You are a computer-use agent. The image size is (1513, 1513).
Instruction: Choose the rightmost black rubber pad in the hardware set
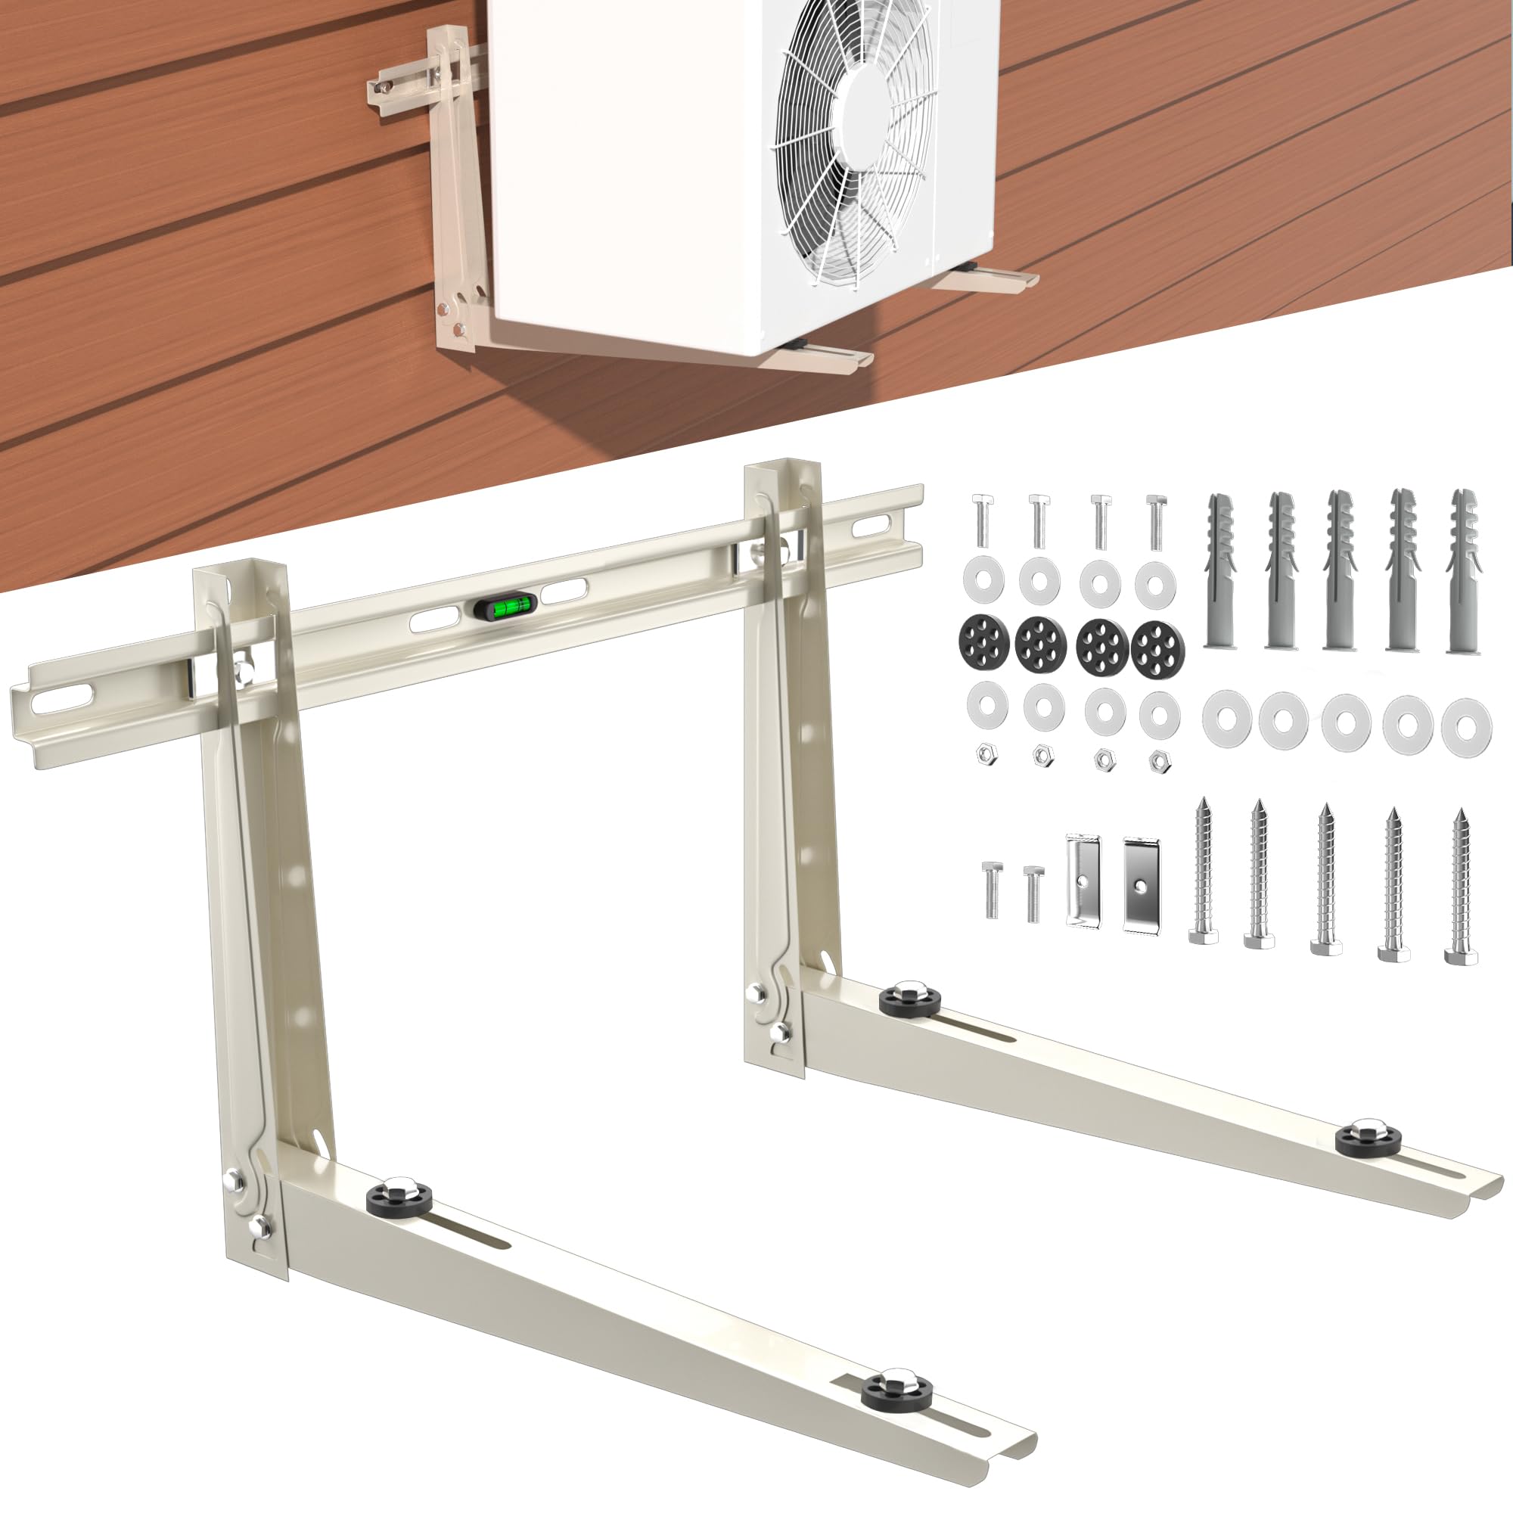pyautogui.click(x=1158, y=647)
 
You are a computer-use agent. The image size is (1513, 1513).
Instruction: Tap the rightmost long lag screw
pyautogui.click(x=1462, y=885)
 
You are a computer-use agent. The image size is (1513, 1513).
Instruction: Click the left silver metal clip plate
pyautogui.click(x=1083, y=883)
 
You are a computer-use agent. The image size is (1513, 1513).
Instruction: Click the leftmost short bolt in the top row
pyautogui.click(x=982, y=520)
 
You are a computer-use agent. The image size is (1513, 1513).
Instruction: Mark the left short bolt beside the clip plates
pyautogui.click(x=992, y=889)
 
